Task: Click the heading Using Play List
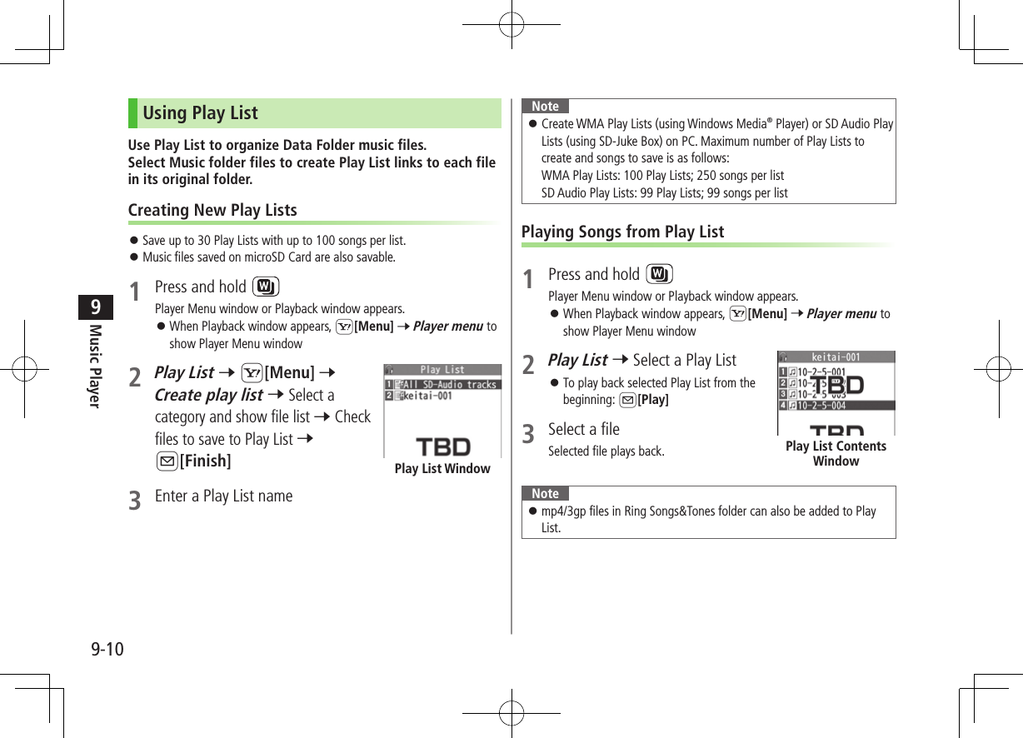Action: coord(200,113)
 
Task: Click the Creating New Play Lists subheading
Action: coord(212,210)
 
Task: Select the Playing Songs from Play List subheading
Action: coord(622,232)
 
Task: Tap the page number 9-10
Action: coord(107,649)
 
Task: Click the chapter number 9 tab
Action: coord(96,307)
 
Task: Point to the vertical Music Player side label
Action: coord(95,365)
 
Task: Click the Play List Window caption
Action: coord(442,469)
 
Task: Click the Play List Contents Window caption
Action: coord(836,453)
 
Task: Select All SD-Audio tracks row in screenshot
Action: coord(448,385)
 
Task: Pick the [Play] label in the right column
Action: coord(652,400)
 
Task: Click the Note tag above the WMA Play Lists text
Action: coord(545,106)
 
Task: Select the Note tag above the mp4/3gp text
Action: coord(545,493)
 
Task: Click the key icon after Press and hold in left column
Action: coord(266,287)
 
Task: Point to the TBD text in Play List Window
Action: coord(442,446)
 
